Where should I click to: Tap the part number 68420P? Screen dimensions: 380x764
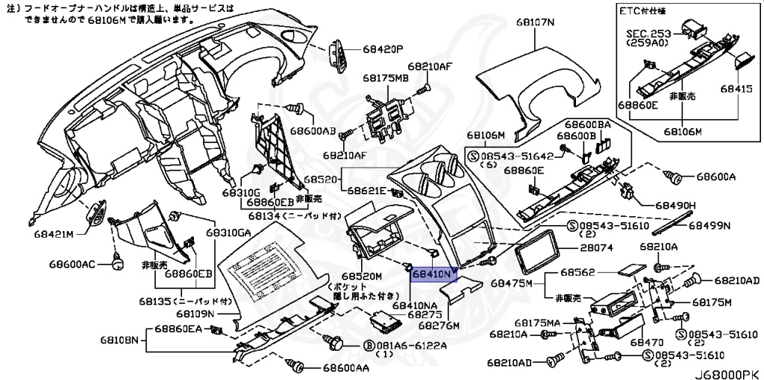(x=383, y=48)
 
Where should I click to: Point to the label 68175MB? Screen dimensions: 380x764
(x=386, y=77)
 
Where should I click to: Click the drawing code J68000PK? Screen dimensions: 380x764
(x=722, y=370)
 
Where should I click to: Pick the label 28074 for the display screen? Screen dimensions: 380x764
(x=595, y=247)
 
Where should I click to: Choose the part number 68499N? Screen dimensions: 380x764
(x=709, y=224)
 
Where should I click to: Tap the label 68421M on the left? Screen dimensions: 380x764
(x=53, y=234)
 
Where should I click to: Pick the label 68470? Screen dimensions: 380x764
(x=646, y=342)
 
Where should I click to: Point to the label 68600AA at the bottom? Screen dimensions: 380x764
(x=346, y=368)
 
